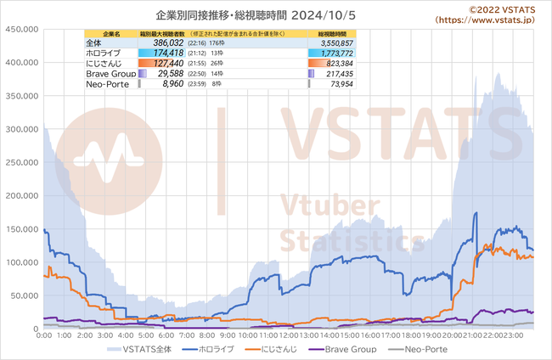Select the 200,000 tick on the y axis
[23, 195]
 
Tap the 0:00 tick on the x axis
[44, 336]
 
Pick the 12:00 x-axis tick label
[289, 336]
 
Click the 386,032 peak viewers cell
[161, 42]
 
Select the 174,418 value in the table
[161, 53]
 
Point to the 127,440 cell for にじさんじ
[161, 64]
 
